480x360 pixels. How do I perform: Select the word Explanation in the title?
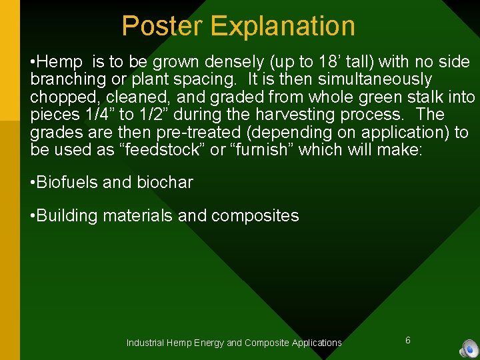pos(283,26)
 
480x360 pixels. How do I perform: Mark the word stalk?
pos(419,97)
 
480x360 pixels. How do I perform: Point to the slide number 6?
pos(407,341)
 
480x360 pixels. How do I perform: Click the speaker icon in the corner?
pos(469,349)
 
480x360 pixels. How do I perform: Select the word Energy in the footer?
pos(209,343)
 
